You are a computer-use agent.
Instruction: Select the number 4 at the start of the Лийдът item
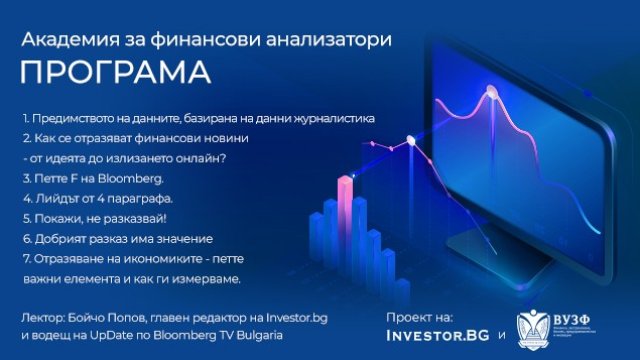click(x=25, y=198)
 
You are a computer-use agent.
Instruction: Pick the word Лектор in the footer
click(x=42, y=318)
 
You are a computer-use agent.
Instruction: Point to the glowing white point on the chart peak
click(x=490, y=91)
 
